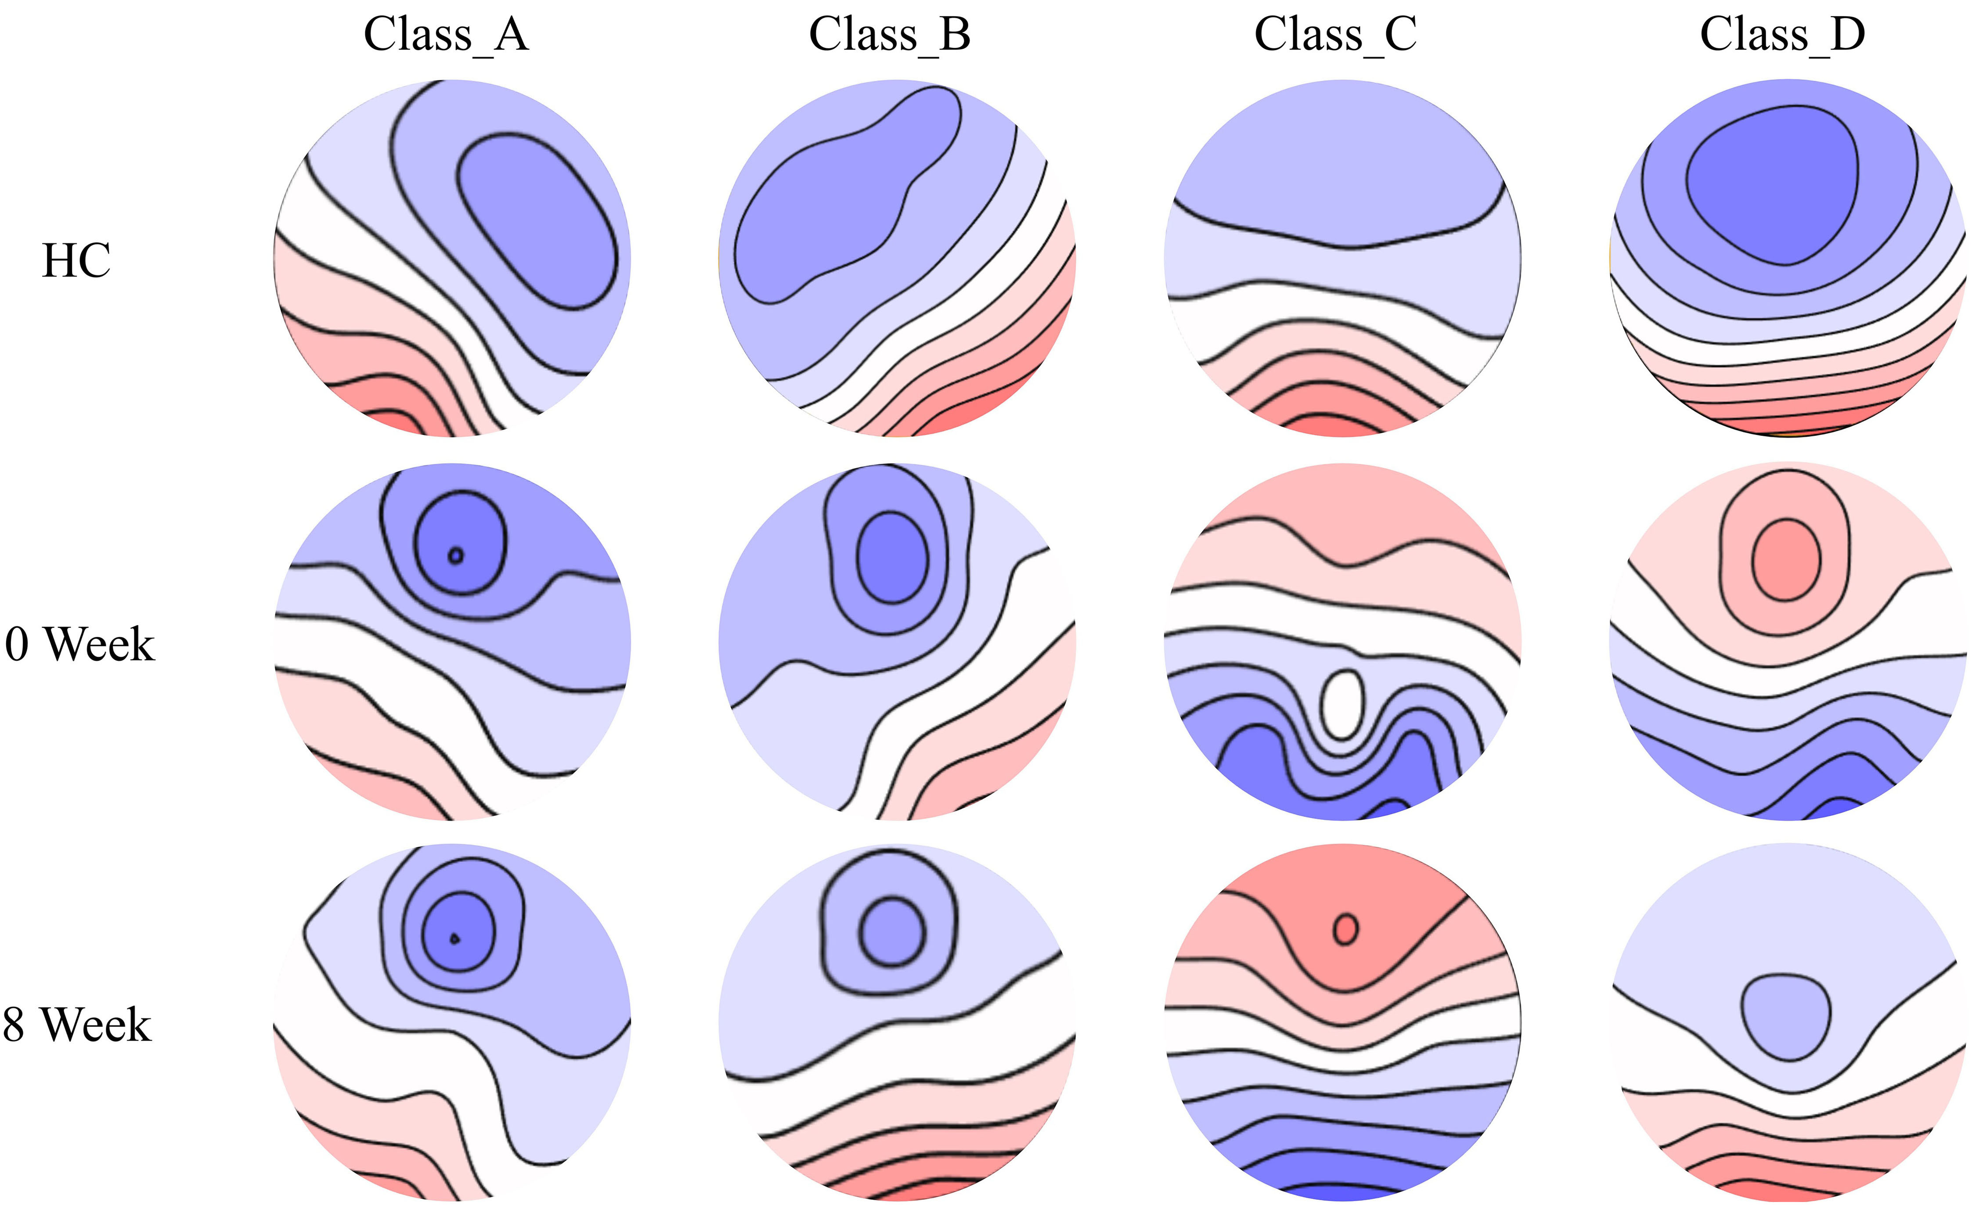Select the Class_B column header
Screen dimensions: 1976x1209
tap(890, 35)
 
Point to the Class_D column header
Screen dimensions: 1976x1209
tap(1783, 35)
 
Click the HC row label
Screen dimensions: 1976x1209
tap(76, 261)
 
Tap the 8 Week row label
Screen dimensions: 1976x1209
tap(77, 1025)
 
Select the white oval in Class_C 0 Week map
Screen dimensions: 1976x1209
tap(1341, 705)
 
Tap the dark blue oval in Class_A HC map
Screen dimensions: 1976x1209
tap(537, 221)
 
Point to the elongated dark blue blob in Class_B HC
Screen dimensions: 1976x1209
tap(847, 196)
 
